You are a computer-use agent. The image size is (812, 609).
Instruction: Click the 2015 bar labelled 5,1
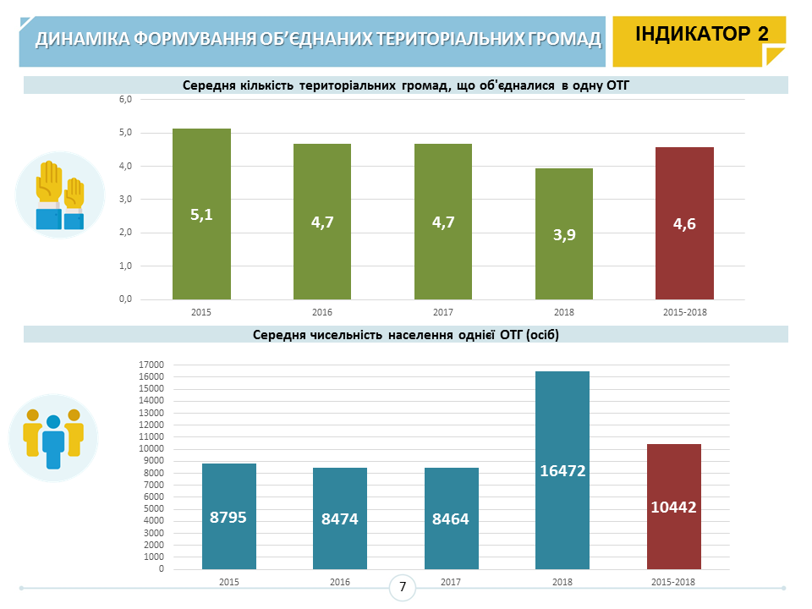pos(201,214)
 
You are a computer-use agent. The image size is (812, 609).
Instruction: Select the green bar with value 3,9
pos(564,233)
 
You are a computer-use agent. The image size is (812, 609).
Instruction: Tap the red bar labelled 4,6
pos(684,223)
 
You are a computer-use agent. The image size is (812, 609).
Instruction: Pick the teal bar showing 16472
pos(562,470)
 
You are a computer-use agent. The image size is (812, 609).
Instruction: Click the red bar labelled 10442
pos(673,507)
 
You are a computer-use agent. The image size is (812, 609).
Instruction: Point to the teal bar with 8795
pos(228,516)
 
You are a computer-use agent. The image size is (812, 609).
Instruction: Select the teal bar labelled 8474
pos(340,518)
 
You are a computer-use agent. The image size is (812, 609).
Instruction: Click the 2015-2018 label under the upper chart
pos(684,312)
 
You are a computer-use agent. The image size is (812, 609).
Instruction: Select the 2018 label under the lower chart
pos(562,582)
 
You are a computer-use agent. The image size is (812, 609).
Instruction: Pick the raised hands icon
pos(59,195)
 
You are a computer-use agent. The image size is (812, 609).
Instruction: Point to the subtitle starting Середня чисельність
pos(406,335)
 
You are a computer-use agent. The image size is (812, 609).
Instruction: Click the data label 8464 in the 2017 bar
pos(451,518)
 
